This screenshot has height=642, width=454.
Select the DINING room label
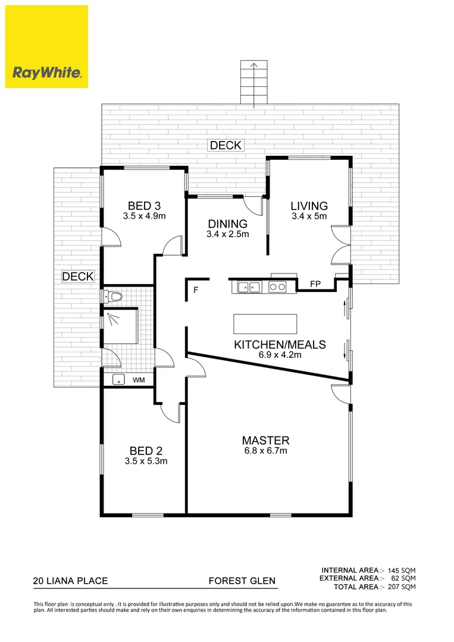click(x=227, y=224)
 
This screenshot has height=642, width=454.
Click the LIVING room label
click(x=309, y=206)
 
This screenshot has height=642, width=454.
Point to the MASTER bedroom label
click(x=265, y=440)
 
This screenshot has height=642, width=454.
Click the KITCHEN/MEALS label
click(x=280, y=345)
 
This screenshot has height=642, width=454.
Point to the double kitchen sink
click(x=249, y=288)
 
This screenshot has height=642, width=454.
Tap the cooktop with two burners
click(x=277, y=288)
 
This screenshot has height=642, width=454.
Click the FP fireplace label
click(x=315, y=284)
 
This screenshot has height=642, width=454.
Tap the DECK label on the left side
click(x=78, y=276)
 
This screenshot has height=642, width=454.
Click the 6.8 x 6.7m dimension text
click(x=265, y=451)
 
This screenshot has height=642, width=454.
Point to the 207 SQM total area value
click(x=403, y=587)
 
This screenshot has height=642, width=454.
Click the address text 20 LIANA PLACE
click(x=70, y=581)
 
